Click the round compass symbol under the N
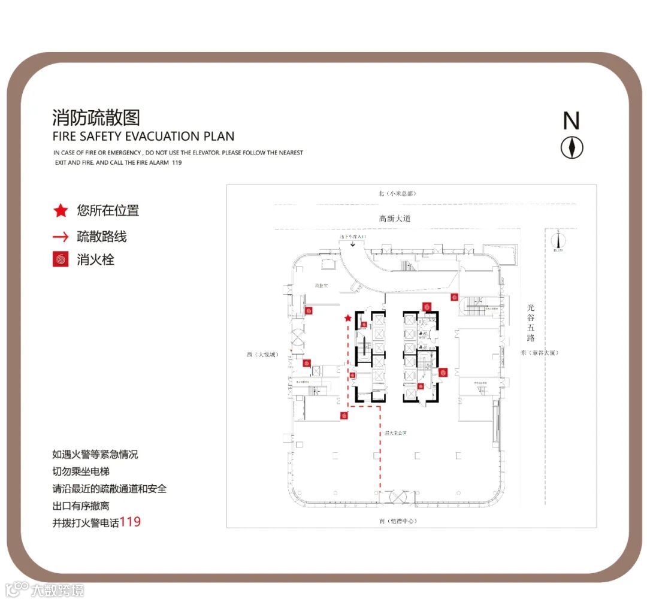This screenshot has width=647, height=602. click(572, 147)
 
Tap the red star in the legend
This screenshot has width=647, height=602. click(61, 211)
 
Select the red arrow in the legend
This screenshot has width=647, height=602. click(61, 237)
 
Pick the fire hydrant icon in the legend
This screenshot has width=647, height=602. click(61, 260)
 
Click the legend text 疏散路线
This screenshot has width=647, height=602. click(102, 237)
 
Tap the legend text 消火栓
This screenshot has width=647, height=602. click(95, 260)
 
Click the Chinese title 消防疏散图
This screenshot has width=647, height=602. click(96, 117)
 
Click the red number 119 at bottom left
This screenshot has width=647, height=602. click(130, 522)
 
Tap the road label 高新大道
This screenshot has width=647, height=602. click(395, 219)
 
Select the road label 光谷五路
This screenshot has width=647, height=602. click(530, 323)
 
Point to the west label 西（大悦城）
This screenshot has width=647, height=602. click(262, 355)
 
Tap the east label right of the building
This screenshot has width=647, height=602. click(539, 353)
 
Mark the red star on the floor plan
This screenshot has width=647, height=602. click(348, 318)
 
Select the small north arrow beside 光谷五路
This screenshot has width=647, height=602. click(559, 240)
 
